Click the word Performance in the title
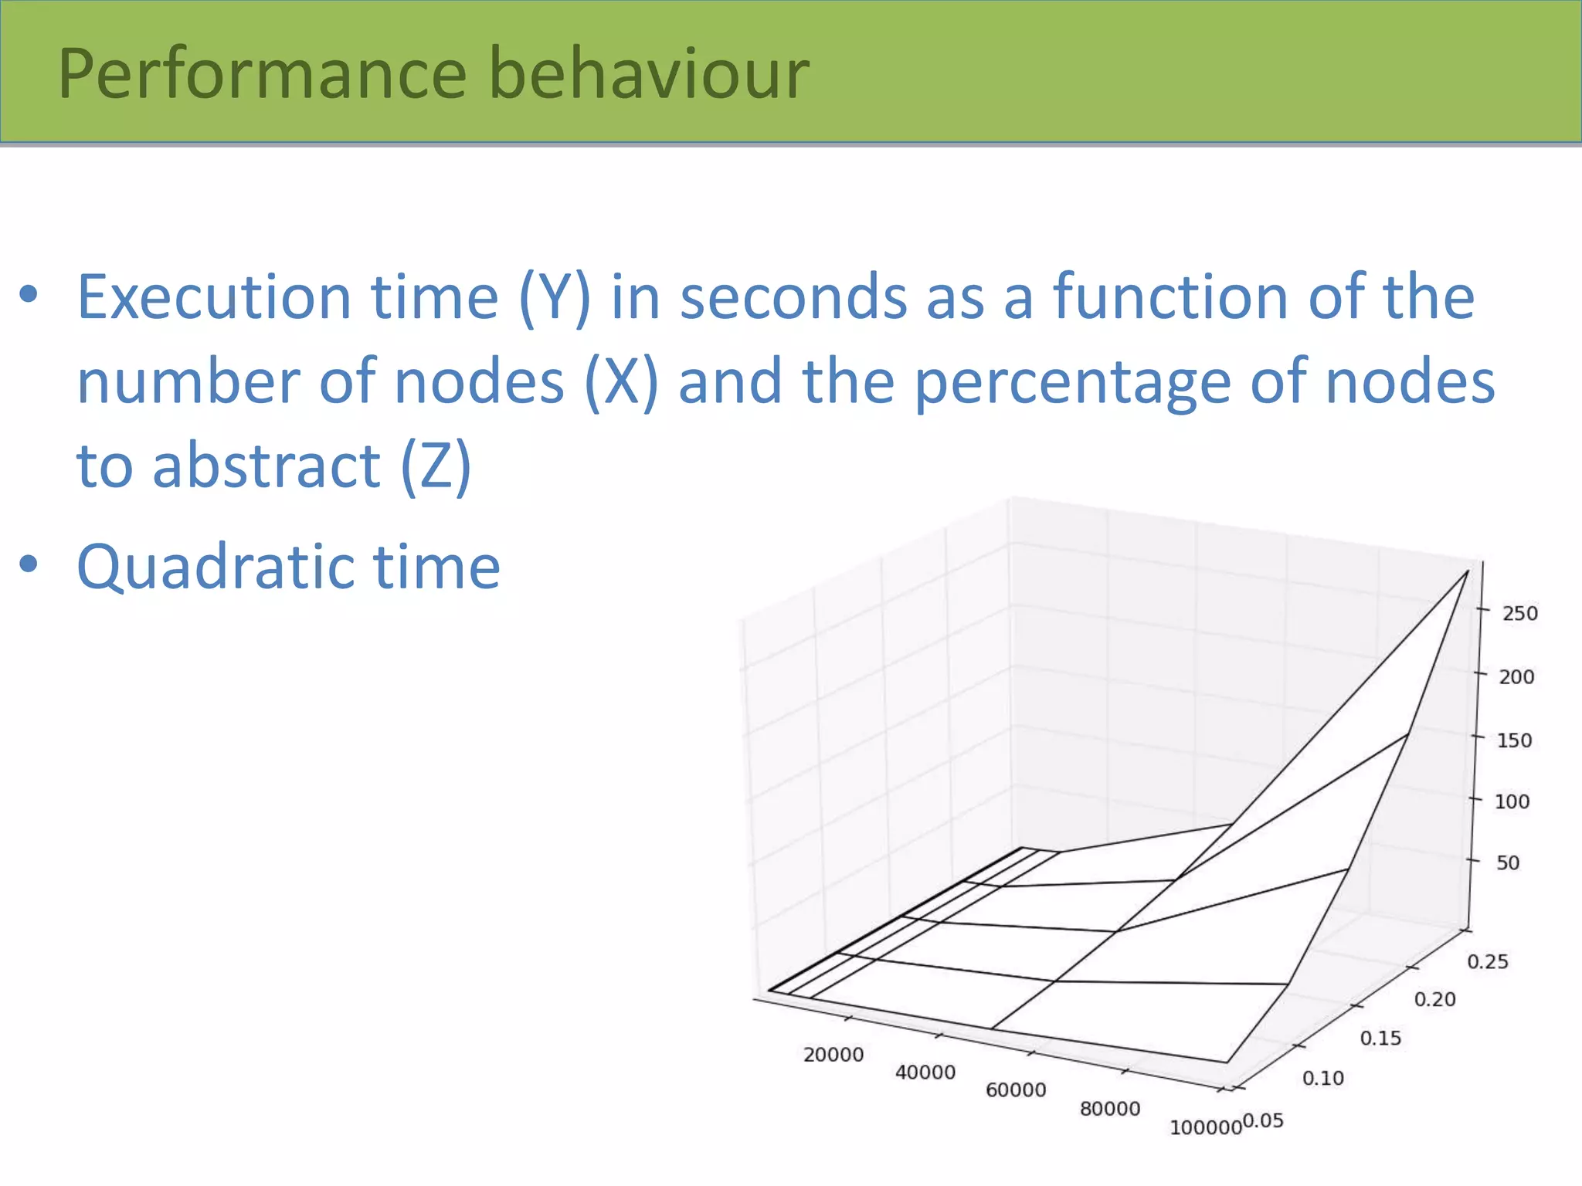(262, 75)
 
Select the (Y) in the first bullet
(554, 299)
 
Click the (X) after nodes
(621, 382)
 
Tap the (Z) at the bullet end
(435, 467)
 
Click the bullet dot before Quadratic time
(29, 564)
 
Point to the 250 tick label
(1519, 614)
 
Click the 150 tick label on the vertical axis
(1514, 741)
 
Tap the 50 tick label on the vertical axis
(1508, 863)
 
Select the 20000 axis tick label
(833, 1055)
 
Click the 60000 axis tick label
(1016, 1090)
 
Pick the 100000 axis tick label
(1205, 1128)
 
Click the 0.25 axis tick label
(1487, 962)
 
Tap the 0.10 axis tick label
(1322, 1079)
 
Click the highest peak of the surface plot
(1467, 571)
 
